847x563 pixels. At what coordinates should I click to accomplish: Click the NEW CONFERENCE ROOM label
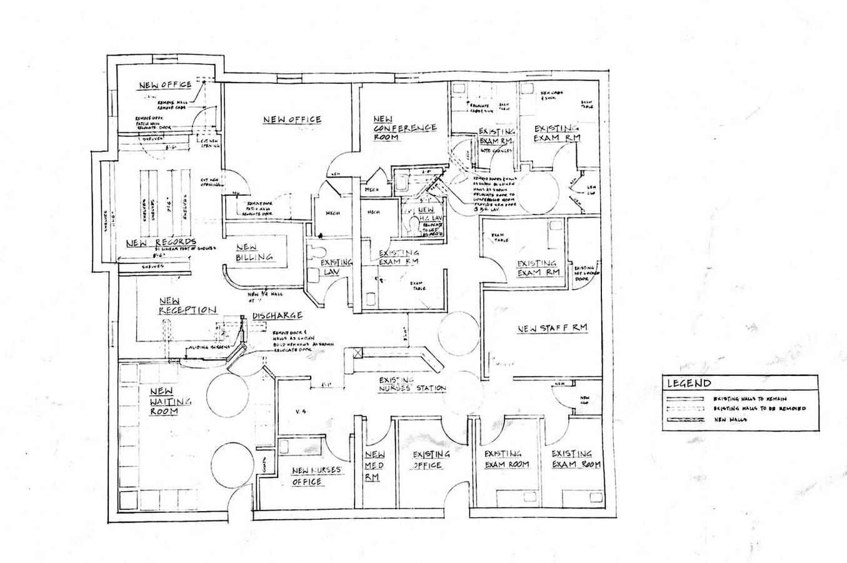(x=404, y=128)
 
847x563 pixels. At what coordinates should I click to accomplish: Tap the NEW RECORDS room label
(x=161, y=243)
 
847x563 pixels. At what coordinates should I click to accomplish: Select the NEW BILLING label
(x=254, y=252)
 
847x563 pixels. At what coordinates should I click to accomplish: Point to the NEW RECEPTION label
(x=187, y=306)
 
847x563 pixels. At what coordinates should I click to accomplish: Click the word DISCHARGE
(x=278, y=316)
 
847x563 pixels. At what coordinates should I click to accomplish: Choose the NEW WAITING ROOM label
(x=171, y=401)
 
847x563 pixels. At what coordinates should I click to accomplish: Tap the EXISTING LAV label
(x=337, y=267)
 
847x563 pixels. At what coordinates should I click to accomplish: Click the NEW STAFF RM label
(x=552, y=328)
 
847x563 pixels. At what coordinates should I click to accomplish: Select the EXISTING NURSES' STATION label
(x=413, y=384)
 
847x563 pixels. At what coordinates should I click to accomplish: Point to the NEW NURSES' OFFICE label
(x=316, y=476)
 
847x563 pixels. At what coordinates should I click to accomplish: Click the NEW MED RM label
(x=374, y=465)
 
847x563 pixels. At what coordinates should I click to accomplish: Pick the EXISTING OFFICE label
(x=431, y=460)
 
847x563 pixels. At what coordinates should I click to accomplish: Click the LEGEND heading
(x=688, y=383)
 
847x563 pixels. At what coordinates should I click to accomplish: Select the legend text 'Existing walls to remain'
(x=749, y=398)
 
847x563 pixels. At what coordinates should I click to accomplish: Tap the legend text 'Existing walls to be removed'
(x=759, y=408)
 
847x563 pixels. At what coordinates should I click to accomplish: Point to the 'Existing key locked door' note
(x=584, y=273)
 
